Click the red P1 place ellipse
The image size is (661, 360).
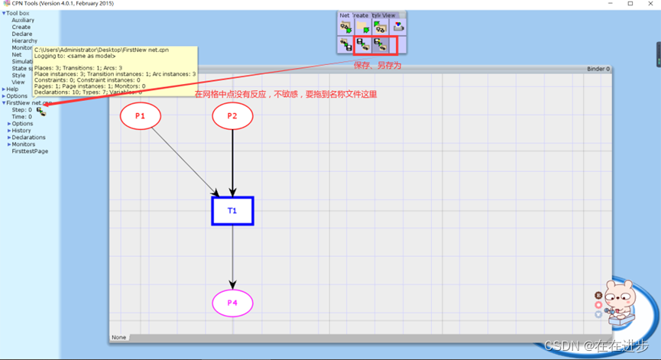[141, 116]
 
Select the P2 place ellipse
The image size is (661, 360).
[232, 116]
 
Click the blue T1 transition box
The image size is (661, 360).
[232, 210]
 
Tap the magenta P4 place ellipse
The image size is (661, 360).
[232, 303]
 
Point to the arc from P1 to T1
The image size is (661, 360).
[183, 160]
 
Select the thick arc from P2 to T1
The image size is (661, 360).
[232, 161]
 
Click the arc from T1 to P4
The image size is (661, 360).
[232, 256]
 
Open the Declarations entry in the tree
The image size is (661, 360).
[29, 138]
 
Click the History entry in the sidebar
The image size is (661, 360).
[21, 131]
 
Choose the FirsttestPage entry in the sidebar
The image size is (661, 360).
[30, 151]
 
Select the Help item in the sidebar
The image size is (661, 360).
[12, 89]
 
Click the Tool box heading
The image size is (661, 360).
[18, 13]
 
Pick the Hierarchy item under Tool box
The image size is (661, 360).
[24, 41]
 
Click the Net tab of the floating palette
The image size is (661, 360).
[345, 15]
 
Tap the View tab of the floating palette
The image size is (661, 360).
[389, 15]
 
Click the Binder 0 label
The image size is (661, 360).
[598, 70]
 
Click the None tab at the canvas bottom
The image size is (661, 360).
[118, 337]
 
